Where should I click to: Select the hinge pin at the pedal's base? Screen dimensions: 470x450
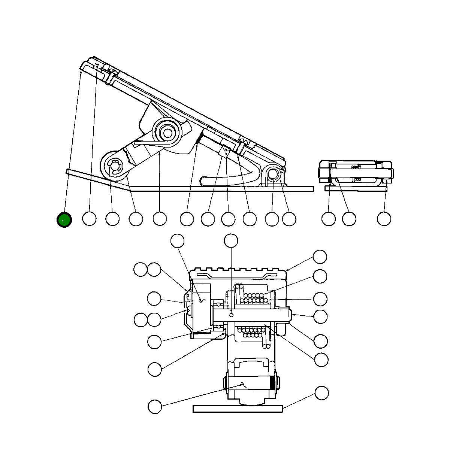pos(273,174)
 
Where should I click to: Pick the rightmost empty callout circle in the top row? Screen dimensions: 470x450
pos(384,219)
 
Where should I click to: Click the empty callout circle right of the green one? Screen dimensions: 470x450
pos(89,219)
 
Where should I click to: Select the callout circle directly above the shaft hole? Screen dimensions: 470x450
pos(231,241)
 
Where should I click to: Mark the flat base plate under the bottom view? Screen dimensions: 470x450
pos(238,409)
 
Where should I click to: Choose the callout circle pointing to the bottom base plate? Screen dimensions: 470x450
pos(321,393)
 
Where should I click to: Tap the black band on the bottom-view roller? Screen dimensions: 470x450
pos(272,383)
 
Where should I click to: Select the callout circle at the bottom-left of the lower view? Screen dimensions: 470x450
pos(155,406)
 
